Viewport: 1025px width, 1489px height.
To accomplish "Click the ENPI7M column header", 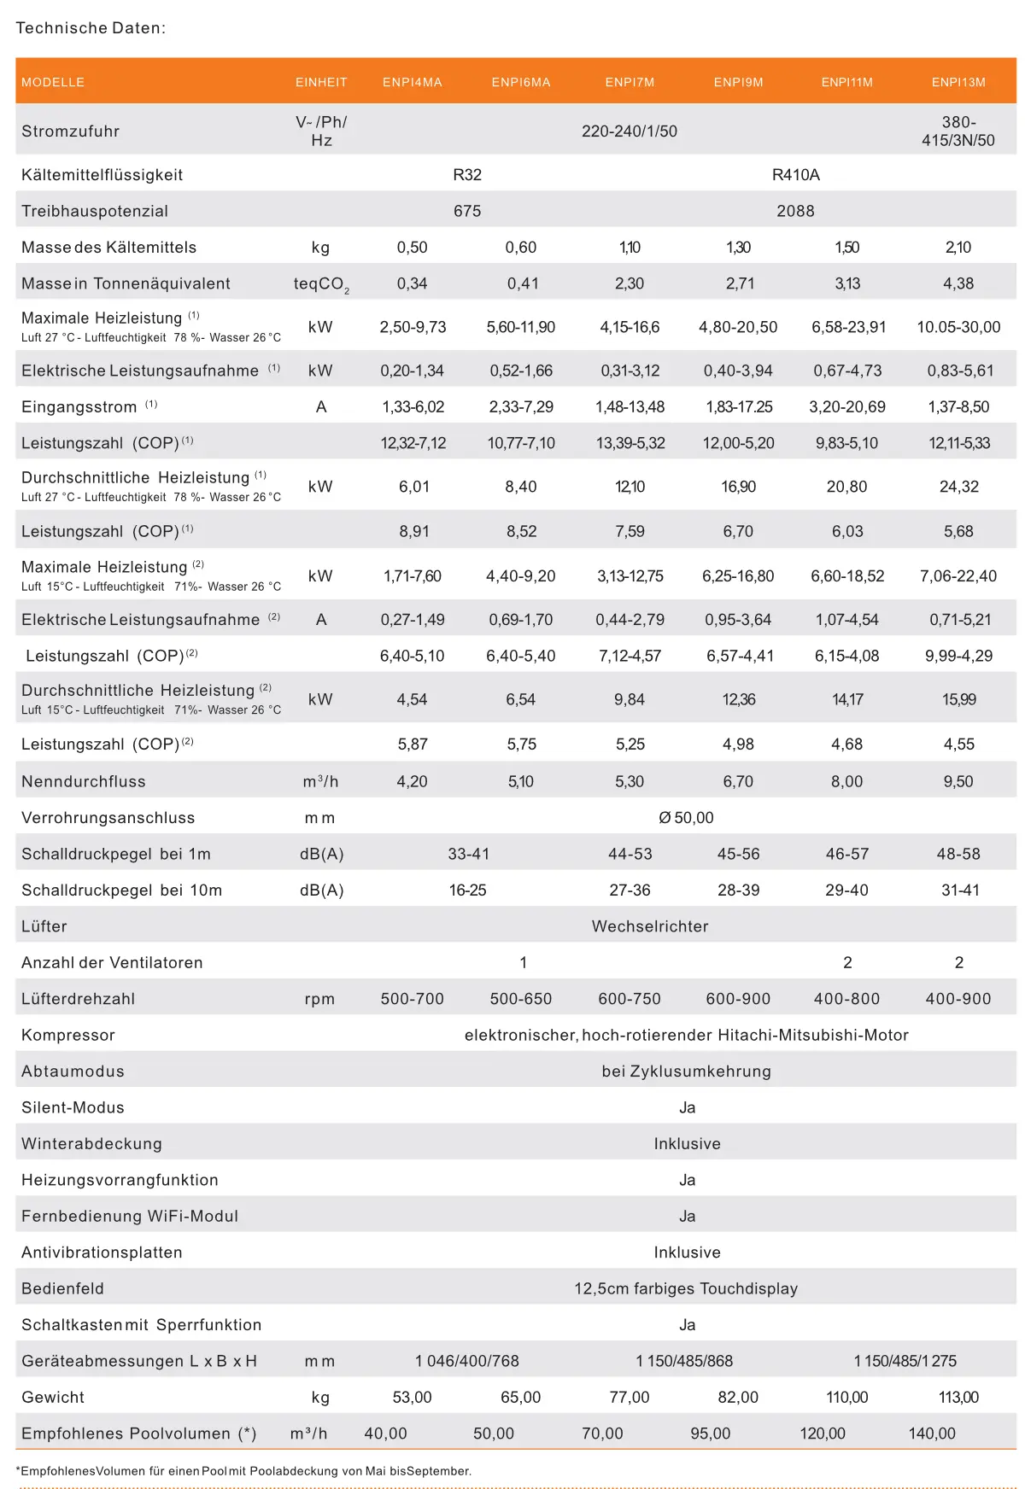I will pos(630,83).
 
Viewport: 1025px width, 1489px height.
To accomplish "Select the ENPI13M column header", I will pos(958,83).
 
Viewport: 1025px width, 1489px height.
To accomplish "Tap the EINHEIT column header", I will pos(321,83).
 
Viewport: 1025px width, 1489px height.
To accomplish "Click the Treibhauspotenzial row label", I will pos(95,211).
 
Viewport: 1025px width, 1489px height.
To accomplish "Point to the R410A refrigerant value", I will pos(795,175).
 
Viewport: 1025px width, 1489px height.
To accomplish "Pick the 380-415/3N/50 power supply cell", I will pos(958,131).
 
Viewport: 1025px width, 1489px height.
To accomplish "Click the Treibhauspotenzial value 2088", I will pos(795,211).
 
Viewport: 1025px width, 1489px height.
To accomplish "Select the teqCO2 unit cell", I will pos(321,284).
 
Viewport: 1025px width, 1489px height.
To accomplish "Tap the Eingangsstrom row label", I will pos(79,407).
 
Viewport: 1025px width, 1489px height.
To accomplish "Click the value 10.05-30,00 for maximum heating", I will pos(958,327).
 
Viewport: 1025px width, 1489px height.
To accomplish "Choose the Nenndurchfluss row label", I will pos(84,781).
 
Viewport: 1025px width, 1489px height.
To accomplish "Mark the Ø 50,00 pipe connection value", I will pos(686,818).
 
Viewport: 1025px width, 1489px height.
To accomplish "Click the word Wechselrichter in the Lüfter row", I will pos(650,926).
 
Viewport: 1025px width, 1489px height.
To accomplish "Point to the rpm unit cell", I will pos(319,999).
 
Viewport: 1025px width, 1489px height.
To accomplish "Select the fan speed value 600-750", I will pos(630,999).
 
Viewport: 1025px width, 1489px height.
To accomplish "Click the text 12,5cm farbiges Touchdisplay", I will pos(686,1288).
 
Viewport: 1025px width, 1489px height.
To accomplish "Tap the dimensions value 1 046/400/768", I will pos(467,1361).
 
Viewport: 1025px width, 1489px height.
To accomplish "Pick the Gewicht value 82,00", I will pos(738,1398).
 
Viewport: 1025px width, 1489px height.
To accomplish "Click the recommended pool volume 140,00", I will pos(932,1434).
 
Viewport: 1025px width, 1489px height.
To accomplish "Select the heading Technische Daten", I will pos(91,28).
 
